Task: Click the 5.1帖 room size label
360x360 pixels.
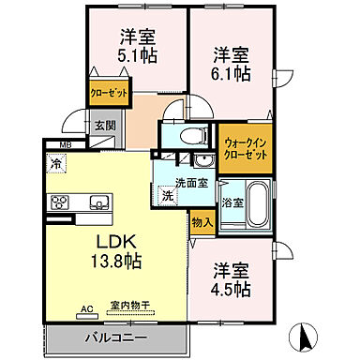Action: pyautogui.click(x=136, y=56)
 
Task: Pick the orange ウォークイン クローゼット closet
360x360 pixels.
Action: pyautogui.click(x=246, y=150)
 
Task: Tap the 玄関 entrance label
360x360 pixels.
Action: pyautogui.click(x=104, y=126)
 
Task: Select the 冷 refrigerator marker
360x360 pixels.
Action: pyautogui.click(x=58, y=163)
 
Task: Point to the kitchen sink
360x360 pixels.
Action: pyautogui.click(x=97, y=202)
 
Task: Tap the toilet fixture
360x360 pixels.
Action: pyautogui.click(x=184, y=137)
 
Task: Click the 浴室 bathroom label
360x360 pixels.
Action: pyautogui.click(x=232, y=201)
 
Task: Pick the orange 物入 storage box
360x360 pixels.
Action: pyautogui.click(x=202, y=223)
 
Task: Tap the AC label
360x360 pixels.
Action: pyautogui.click(x=87, y=307)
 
